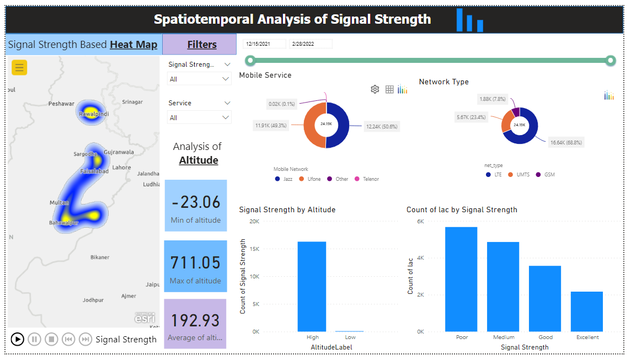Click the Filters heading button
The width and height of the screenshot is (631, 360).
[202, 45]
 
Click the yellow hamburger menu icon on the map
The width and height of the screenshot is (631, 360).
[19, 67]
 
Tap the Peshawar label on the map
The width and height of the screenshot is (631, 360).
[61, 104]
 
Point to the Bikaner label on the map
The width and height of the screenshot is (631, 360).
[100, 257]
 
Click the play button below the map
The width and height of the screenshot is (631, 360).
[18, 339]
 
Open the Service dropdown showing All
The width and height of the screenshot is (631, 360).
[199, 117]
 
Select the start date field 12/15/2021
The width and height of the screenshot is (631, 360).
[264, 44]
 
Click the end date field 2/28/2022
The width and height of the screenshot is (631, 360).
[311, 44]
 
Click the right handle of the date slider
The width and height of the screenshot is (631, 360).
[610, 61]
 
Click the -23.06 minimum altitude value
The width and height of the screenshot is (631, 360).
[196, 202]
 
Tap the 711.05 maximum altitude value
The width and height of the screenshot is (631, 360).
[195, 262]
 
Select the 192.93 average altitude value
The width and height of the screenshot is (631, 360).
[195, 320]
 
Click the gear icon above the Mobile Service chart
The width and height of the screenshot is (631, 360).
[375, 89]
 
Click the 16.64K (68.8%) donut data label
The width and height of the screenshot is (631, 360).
[566, 142]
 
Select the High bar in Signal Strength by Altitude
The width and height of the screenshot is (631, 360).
[312, 286]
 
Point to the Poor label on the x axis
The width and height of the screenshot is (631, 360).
[462, 337]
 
